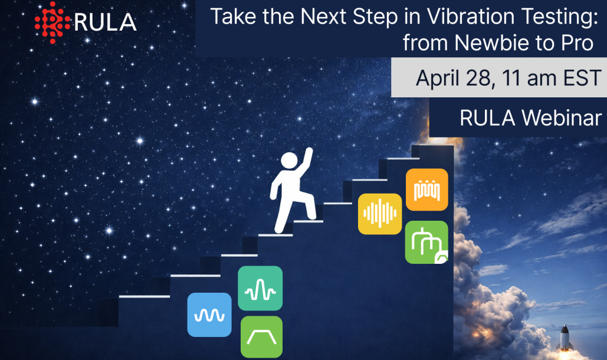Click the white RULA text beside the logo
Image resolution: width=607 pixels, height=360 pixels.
105,22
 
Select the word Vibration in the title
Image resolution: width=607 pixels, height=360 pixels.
468,16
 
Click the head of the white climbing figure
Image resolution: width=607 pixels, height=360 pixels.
289,161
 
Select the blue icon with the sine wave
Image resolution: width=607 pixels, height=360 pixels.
209,315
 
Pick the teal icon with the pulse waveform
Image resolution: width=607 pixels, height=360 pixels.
260,288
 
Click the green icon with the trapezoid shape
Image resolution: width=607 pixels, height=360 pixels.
261,337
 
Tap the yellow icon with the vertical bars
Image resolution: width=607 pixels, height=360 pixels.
380,214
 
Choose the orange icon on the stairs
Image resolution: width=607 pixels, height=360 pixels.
426,189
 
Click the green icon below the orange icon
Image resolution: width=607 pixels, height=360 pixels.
426,242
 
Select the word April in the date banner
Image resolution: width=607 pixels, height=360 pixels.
439,77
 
